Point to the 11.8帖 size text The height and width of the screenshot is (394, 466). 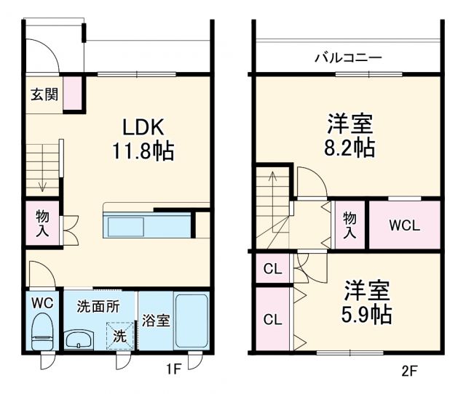pos(143,152)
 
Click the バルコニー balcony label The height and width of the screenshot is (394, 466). pos(347,57)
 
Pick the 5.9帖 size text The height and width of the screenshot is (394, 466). pos(368,314)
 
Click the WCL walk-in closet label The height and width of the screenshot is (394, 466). pos(403,225)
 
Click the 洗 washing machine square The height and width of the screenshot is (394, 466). pos(119,337)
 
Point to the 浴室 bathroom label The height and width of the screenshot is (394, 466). pos(155,321)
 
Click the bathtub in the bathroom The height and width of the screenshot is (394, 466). pos(191,320)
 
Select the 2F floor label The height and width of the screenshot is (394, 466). pos(409,371)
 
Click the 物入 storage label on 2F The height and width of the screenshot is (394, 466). pos(350,225)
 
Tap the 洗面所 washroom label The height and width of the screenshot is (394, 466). pos(98,307)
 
